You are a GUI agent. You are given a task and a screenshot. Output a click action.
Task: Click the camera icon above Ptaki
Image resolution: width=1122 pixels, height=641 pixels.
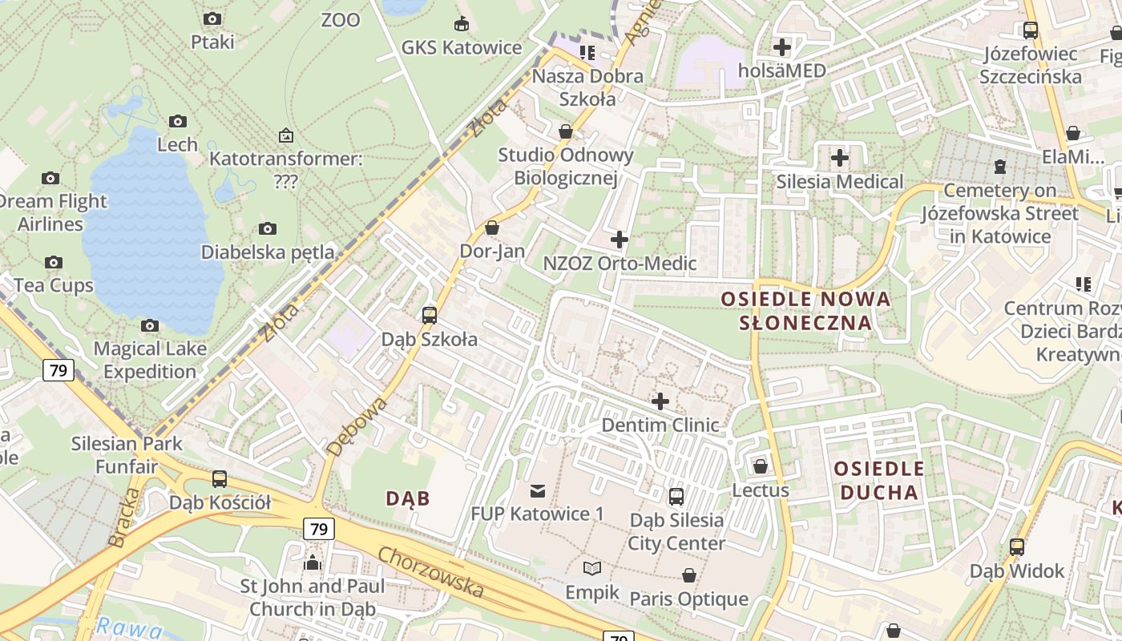[212, 18]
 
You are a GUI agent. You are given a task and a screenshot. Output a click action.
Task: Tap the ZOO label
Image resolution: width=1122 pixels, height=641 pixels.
[341, 20]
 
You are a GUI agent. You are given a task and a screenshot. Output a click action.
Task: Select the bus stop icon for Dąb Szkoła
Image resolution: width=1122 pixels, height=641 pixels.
[430, 315]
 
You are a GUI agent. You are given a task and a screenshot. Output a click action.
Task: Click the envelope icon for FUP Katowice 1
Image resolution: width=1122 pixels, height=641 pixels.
[537, 490]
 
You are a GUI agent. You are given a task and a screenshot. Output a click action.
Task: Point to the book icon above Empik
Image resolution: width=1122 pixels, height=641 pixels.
[592, 568]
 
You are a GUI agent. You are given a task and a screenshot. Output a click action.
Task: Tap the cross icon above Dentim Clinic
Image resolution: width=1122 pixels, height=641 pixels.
[660, 401]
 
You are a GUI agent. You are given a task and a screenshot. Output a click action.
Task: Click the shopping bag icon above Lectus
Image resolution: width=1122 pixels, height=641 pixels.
[761, 466]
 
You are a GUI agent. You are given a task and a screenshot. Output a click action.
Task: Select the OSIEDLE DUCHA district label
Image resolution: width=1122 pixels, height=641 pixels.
[879, 480]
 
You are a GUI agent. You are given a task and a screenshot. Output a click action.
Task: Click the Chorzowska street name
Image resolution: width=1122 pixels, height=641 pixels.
[431, 572]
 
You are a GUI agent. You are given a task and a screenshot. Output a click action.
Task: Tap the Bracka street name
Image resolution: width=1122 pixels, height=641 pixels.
[124, 518]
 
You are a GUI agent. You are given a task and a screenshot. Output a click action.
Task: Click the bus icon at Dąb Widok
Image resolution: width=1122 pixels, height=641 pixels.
[1017, 547]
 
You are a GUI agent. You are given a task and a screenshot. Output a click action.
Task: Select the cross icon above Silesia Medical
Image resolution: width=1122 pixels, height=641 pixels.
[839, 158]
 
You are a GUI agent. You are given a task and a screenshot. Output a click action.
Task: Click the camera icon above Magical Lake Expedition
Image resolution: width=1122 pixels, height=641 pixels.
[150, 325]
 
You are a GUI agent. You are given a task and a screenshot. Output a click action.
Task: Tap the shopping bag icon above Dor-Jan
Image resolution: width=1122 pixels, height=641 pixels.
[492, 228]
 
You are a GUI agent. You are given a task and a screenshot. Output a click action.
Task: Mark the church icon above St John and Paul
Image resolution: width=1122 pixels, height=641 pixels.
[313, 562]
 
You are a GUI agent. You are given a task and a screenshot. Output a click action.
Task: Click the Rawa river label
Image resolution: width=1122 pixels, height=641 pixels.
[119, 626]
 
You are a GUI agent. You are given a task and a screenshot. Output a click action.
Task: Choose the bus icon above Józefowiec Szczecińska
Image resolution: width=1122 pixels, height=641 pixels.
[1031, 30]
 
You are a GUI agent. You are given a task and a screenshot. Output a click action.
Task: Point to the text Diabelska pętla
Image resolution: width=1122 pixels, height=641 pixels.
[268, 252]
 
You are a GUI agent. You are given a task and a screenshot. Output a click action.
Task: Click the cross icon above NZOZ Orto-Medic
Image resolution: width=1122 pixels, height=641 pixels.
[620, 240]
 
